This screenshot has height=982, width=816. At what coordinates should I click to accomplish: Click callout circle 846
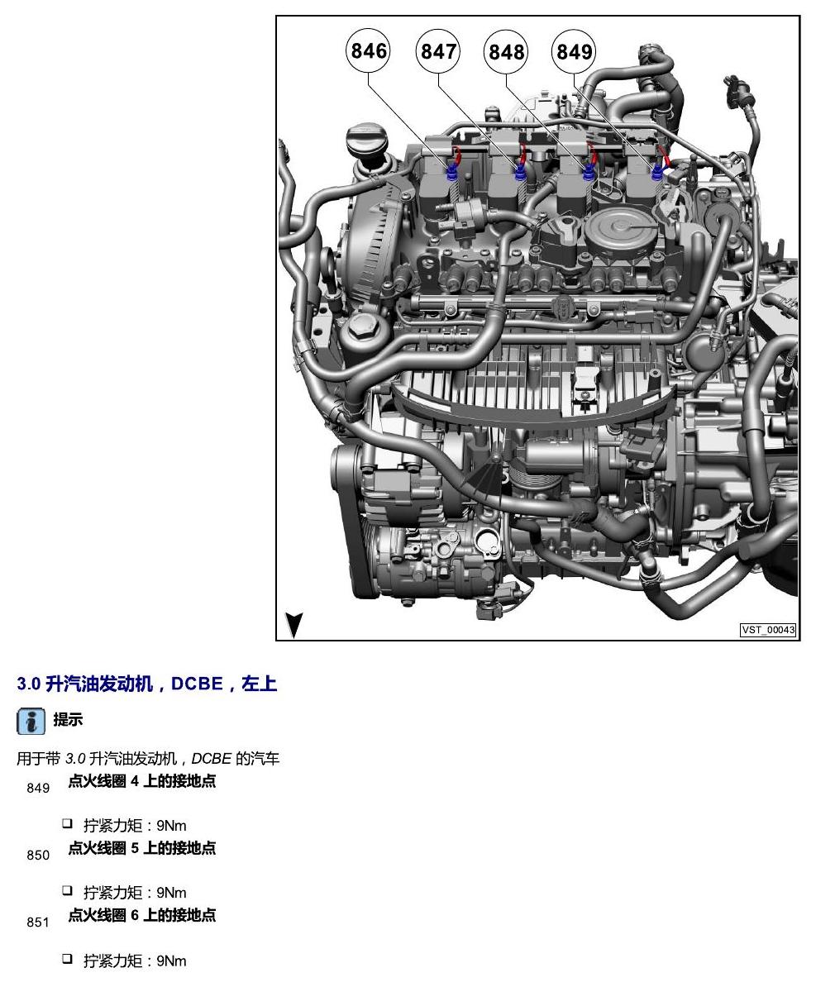368,50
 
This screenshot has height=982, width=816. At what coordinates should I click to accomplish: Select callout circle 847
437,50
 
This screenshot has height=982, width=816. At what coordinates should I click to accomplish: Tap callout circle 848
505,50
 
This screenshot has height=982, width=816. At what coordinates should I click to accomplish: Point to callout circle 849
573,50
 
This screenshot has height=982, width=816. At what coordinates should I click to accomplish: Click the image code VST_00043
768,629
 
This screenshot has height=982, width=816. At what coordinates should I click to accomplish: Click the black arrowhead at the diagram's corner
293,624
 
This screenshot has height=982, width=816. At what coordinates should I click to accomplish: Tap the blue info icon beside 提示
31,722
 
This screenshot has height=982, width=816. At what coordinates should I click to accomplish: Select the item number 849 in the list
38,788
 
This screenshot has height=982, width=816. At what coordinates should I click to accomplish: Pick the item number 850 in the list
38,855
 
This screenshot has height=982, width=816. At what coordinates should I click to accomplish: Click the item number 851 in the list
38,922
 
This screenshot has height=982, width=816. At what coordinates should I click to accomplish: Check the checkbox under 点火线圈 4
67,823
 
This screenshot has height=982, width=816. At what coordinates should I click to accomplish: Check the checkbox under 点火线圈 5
67,890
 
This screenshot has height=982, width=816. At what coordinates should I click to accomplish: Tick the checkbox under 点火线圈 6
67,958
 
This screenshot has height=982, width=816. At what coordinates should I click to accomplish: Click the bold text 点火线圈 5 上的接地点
142,848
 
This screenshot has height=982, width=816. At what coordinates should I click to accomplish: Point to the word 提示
68,720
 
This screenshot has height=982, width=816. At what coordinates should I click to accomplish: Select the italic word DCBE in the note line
212,759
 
